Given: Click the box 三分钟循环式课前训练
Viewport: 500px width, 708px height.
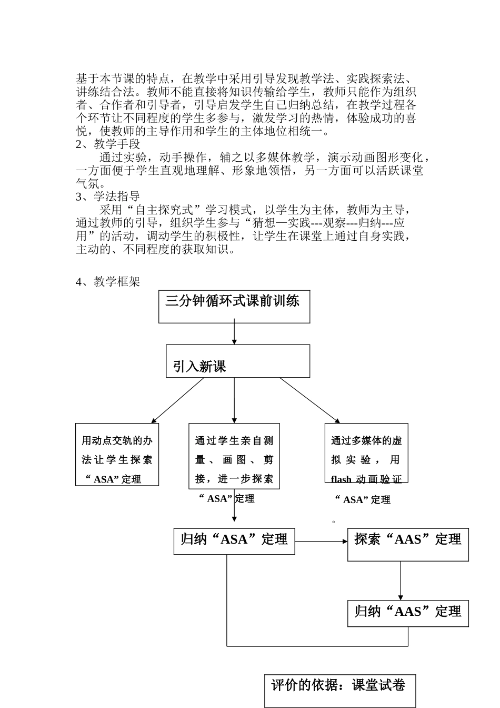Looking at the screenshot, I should point(234,306).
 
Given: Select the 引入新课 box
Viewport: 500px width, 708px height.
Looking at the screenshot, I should point(238,361).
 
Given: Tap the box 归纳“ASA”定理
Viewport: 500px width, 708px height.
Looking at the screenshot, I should point(234,541).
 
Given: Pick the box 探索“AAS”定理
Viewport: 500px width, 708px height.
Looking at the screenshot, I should point(408,545).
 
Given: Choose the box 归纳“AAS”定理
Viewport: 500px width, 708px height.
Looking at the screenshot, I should point(408,613).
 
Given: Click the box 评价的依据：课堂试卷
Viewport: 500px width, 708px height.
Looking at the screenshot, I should point(339,690).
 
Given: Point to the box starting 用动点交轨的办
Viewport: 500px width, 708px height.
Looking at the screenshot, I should point(117,454).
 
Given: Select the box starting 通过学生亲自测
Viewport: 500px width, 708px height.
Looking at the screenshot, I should point(234,456).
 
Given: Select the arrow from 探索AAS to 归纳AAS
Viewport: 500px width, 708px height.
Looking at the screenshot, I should point(401,581).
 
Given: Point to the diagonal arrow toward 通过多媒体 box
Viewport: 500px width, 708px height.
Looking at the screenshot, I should point(309,400).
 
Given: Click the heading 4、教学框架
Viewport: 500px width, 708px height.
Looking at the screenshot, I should point(108,282).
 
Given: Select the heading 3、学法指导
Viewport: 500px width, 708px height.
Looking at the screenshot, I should point(108,196).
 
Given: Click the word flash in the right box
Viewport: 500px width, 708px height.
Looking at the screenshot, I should point(342,479).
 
